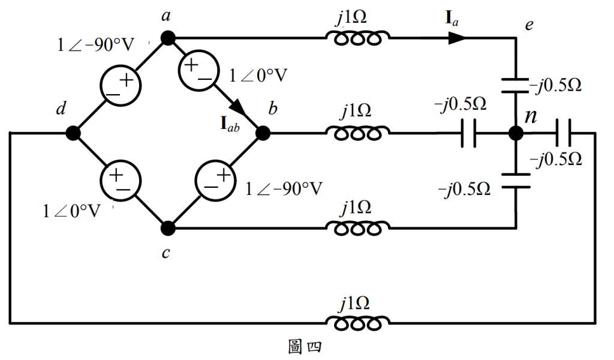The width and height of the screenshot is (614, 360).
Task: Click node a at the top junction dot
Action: (167, 38)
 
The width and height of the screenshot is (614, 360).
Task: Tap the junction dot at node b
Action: (263, 133)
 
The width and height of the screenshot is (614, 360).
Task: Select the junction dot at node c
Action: (168, 228)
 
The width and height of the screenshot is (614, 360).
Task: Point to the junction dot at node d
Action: (73, 133)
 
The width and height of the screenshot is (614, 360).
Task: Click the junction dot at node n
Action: (516, 133)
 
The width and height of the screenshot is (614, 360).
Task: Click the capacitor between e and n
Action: (516, 84)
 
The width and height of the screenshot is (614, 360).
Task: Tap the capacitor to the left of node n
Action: (469, 133)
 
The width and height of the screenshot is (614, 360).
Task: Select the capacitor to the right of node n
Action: (563, 133)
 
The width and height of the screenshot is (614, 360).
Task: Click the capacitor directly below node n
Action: (516, 181)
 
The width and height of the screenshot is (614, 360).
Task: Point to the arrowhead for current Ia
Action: (456, 38)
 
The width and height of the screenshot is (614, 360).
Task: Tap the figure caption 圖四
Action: (308, 347)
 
